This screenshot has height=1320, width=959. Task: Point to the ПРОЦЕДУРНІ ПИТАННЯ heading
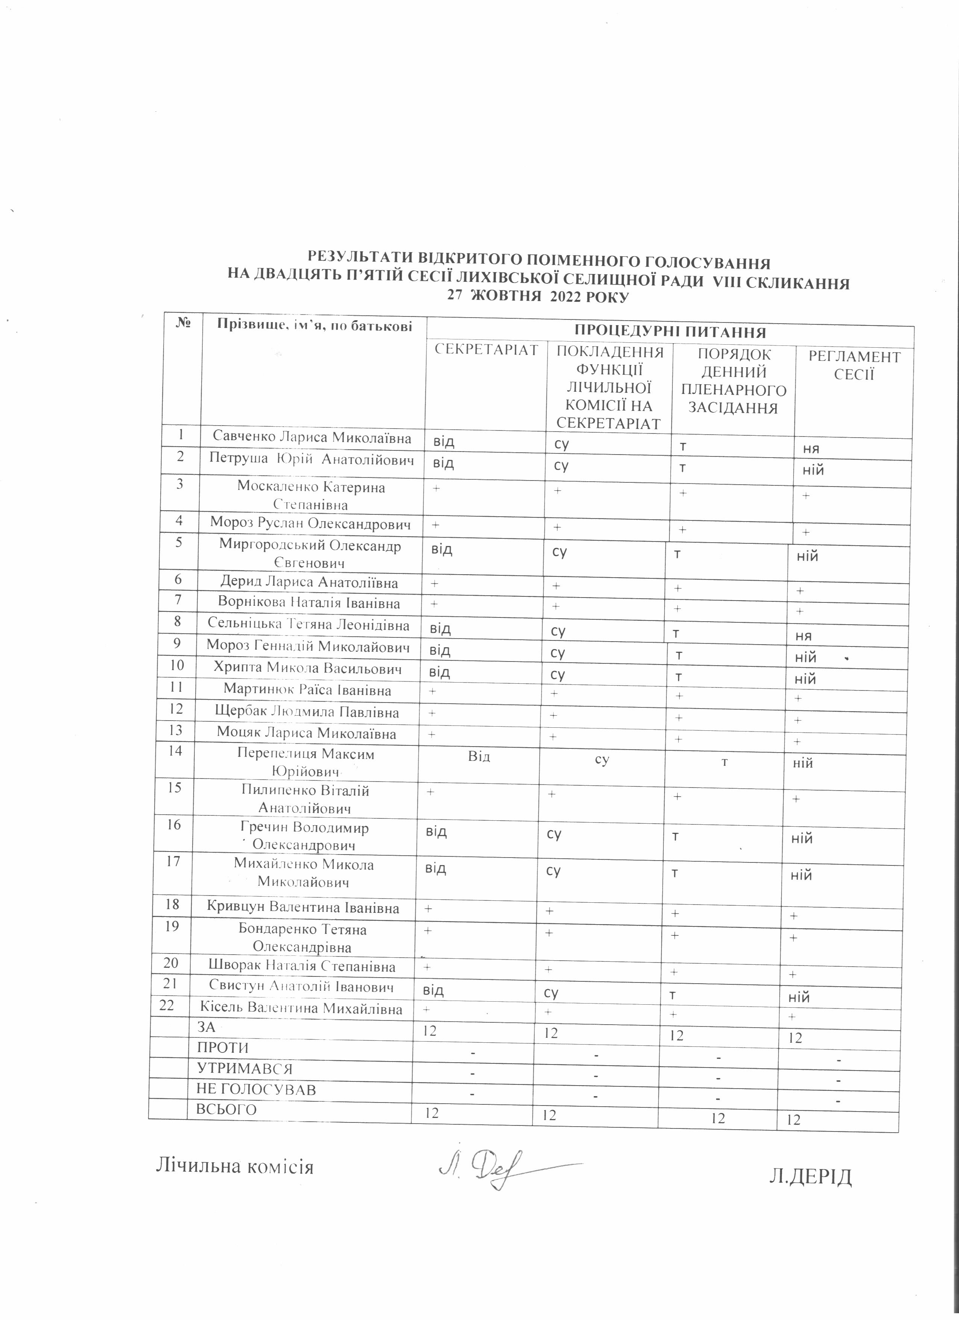[670, 332]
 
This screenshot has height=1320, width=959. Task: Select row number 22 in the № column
[167, 1005]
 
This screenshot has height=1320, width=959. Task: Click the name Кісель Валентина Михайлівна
[301, 1008]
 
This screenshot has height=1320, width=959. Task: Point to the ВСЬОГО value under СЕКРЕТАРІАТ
[431, 1113]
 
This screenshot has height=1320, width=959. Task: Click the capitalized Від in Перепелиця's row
[479, 756]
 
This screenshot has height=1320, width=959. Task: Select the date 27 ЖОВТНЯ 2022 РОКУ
[538, 296]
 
